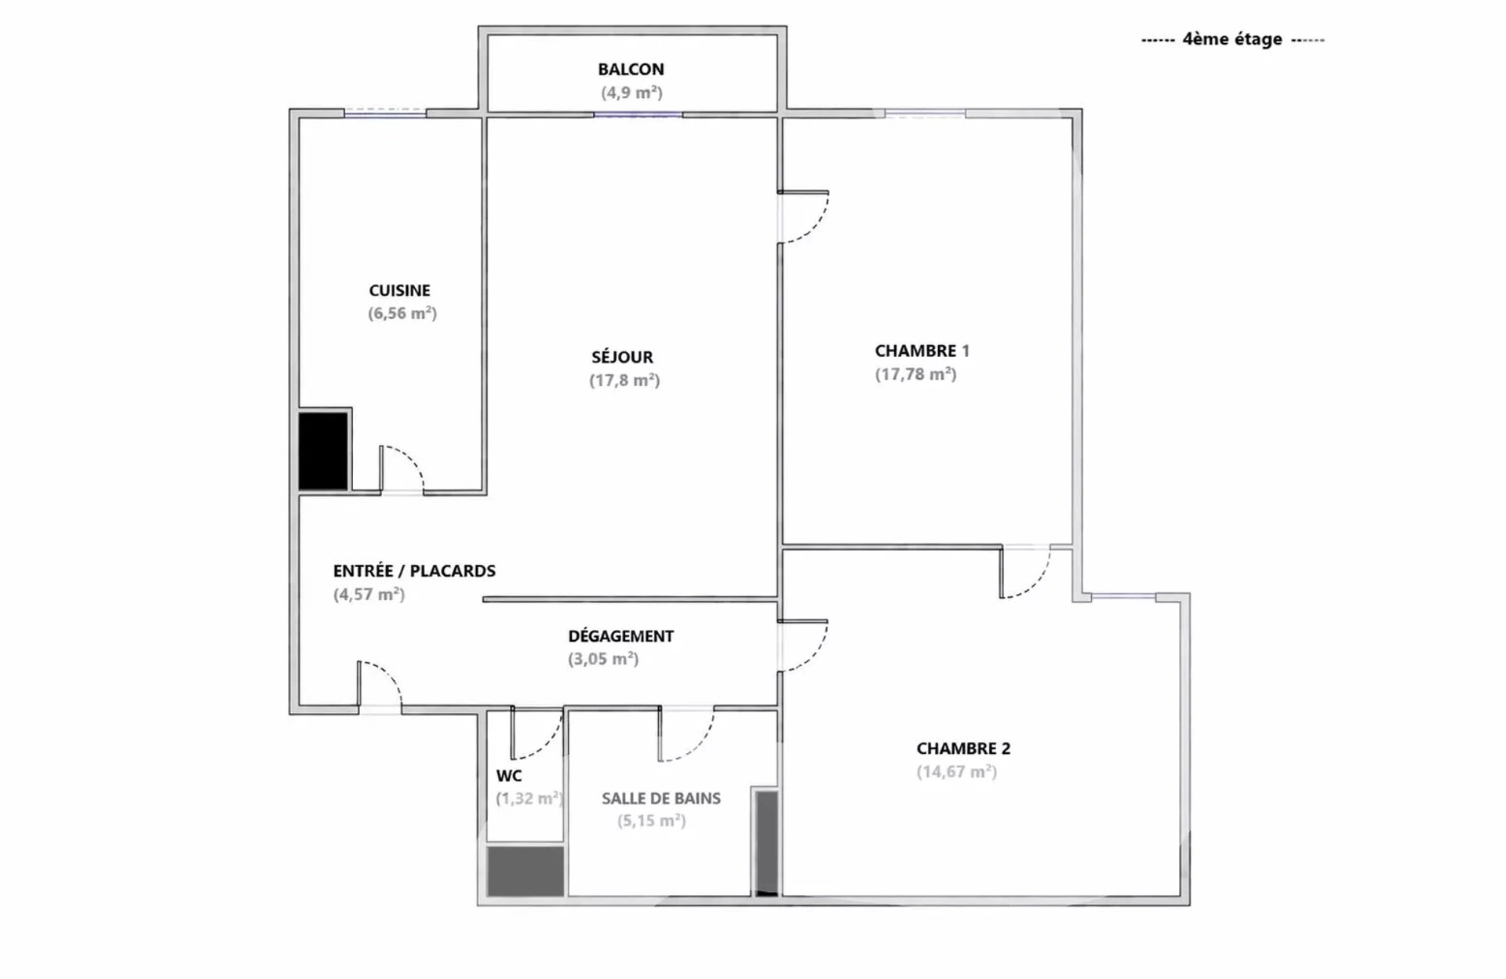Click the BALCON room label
[x=631, y=69]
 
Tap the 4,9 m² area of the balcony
[x=631, y=93]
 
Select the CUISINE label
[x=399, y=290]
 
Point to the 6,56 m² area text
[x=402, y=313]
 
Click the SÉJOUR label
[x=622, y=357]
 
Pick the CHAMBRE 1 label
[x=922, y=351]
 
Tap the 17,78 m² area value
[x=915, y=374]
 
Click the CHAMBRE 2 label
[x=963, y=748]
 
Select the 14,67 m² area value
[x=956, y=771]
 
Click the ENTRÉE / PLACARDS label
[x=414, y=571]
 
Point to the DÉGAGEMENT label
[x=620, y=636]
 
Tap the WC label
[x=509, y=776]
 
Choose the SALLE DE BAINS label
[x=661, y=799]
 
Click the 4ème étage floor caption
[x=1232, y=39]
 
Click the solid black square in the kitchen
[x=323, y=451]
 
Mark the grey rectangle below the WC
[x=526, y=871]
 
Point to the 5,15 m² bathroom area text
[x=651, y=821]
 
